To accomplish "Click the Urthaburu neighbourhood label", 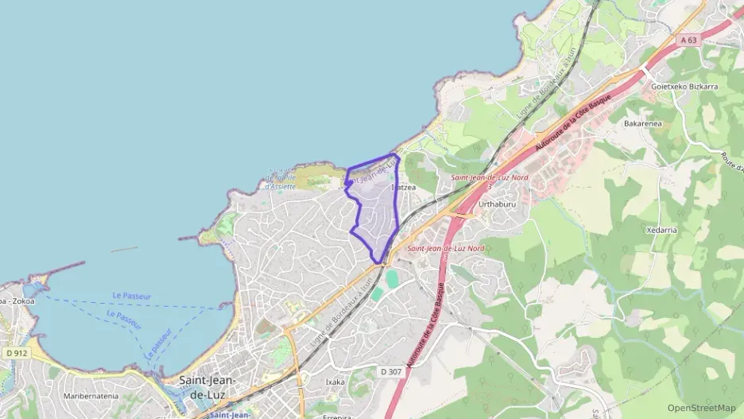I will (498, 204).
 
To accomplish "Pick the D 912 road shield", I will (15, 353).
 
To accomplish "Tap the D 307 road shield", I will (390, 371).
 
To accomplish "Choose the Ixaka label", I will (335, 382).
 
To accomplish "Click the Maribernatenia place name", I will (91, 395).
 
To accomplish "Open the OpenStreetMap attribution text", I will (702, 408).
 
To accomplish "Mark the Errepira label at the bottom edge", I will (337, 415).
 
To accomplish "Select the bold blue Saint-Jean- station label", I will (230, 414).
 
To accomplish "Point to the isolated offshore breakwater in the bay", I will (124, 250).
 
